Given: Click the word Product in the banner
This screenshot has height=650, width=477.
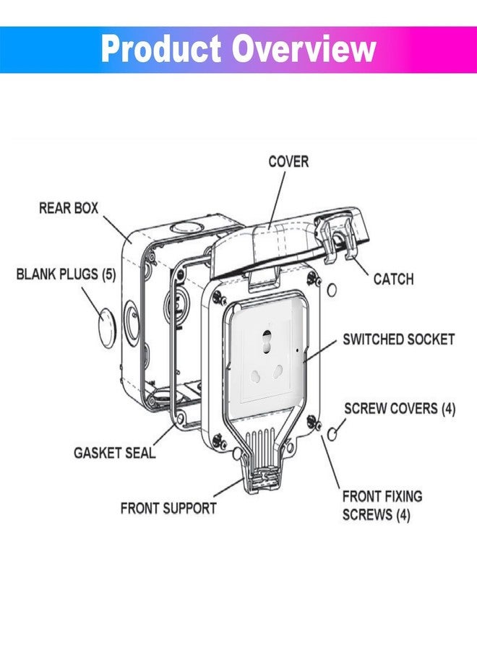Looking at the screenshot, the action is [161, 49].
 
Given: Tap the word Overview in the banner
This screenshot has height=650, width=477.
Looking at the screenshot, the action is [304, 49].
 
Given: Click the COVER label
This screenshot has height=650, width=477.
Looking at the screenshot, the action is [288, 162].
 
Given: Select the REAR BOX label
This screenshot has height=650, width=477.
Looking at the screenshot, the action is [69, 208].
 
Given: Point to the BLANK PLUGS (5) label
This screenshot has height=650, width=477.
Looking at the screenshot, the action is [66, 274].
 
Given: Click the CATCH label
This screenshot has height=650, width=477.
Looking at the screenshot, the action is [393, 279].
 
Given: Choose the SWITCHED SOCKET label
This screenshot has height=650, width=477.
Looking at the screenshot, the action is [398, 339].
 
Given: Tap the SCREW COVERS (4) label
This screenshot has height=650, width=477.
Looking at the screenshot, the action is [400, 409].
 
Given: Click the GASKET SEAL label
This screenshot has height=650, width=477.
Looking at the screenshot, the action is [114, 453].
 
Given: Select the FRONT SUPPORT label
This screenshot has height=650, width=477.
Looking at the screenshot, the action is [168, 508].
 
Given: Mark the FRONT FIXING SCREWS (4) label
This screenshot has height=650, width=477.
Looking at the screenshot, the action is [382, 506].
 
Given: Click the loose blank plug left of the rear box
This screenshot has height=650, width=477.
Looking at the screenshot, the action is [106, 327].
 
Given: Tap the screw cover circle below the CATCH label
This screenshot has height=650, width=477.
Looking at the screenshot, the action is [332, 290].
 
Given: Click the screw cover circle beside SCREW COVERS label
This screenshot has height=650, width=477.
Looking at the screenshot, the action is [332, 434].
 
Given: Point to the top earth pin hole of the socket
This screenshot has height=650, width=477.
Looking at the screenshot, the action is [266, 337].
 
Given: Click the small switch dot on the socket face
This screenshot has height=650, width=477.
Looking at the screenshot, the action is [297, 350].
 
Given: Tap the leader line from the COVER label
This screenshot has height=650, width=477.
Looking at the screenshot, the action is [277, 200].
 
